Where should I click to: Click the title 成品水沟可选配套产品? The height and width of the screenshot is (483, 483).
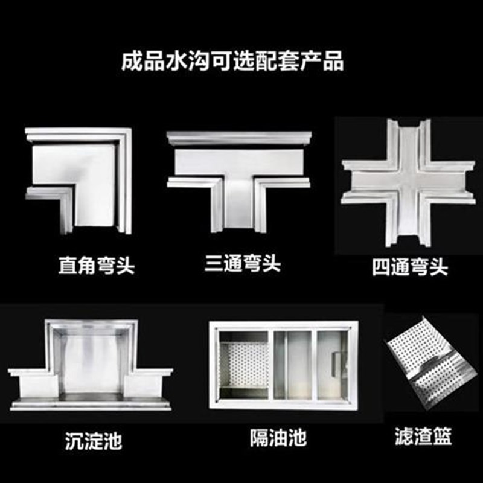pos(232,62)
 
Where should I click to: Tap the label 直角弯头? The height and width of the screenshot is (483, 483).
pos(96,266)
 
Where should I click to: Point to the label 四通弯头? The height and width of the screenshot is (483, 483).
pos(410,266)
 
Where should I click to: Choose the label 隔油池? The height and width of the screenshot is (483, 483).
pos(278,437)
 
